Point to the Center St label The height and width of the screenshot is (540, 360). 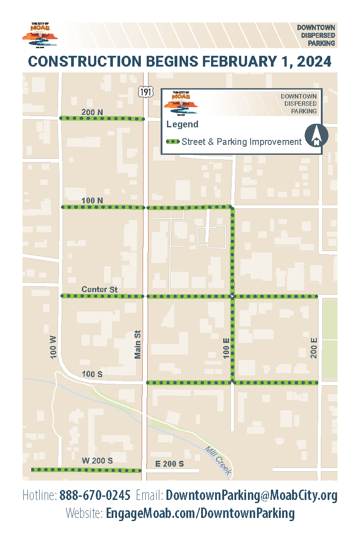(99, 289)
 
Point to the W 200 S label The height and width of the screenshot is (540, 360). (97, 461)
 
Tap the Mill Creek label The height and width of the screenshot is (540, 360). (218, 460)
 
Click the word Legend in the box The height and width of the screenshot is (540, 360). (182, 124)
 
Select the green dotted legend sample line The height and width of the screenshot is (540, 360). (173, 142)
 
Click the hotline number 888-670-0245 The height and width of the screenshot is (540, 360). (95, 495)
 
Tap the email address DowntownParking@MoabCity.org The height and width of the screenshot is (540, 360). (252, 495)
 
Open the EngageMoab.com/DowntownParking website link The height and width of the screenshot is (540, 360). (200, 513)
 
